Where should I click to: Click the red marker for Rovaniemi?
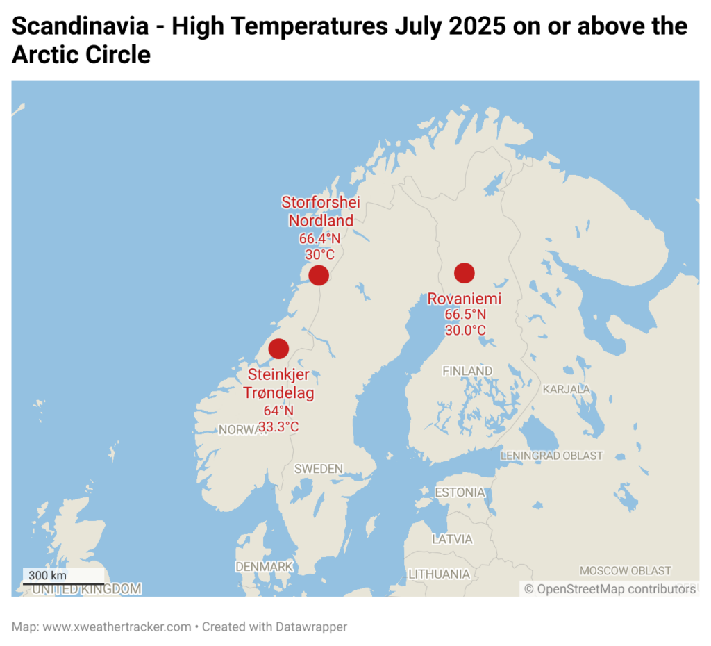465,273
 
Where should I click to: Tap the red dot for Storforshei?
319,275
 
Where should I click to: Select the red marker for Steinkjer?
278,349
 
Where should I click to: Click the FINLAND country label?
467,371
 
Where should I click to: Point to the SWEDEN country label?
319,469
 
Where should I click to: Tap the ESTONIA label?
460,492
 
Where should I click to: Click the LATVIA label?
452,539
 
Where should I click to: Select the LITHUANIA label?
439,574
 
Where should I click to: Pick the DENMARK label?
265,567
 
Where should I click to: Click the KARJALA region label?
567,389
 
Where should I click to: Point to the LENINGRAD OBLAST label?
552,456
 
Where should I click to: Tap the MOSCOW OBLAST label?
626,570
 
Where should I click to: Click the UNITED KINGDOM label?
87,589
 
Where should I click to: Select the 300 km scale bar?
63,583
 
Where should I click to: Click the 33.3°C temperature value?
278,427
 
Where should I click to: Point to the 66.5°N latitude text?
465,315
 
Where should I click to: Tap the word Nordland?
321,220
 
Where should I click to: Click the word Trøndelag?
278,393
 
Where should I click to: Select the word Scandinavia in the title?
81,26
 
